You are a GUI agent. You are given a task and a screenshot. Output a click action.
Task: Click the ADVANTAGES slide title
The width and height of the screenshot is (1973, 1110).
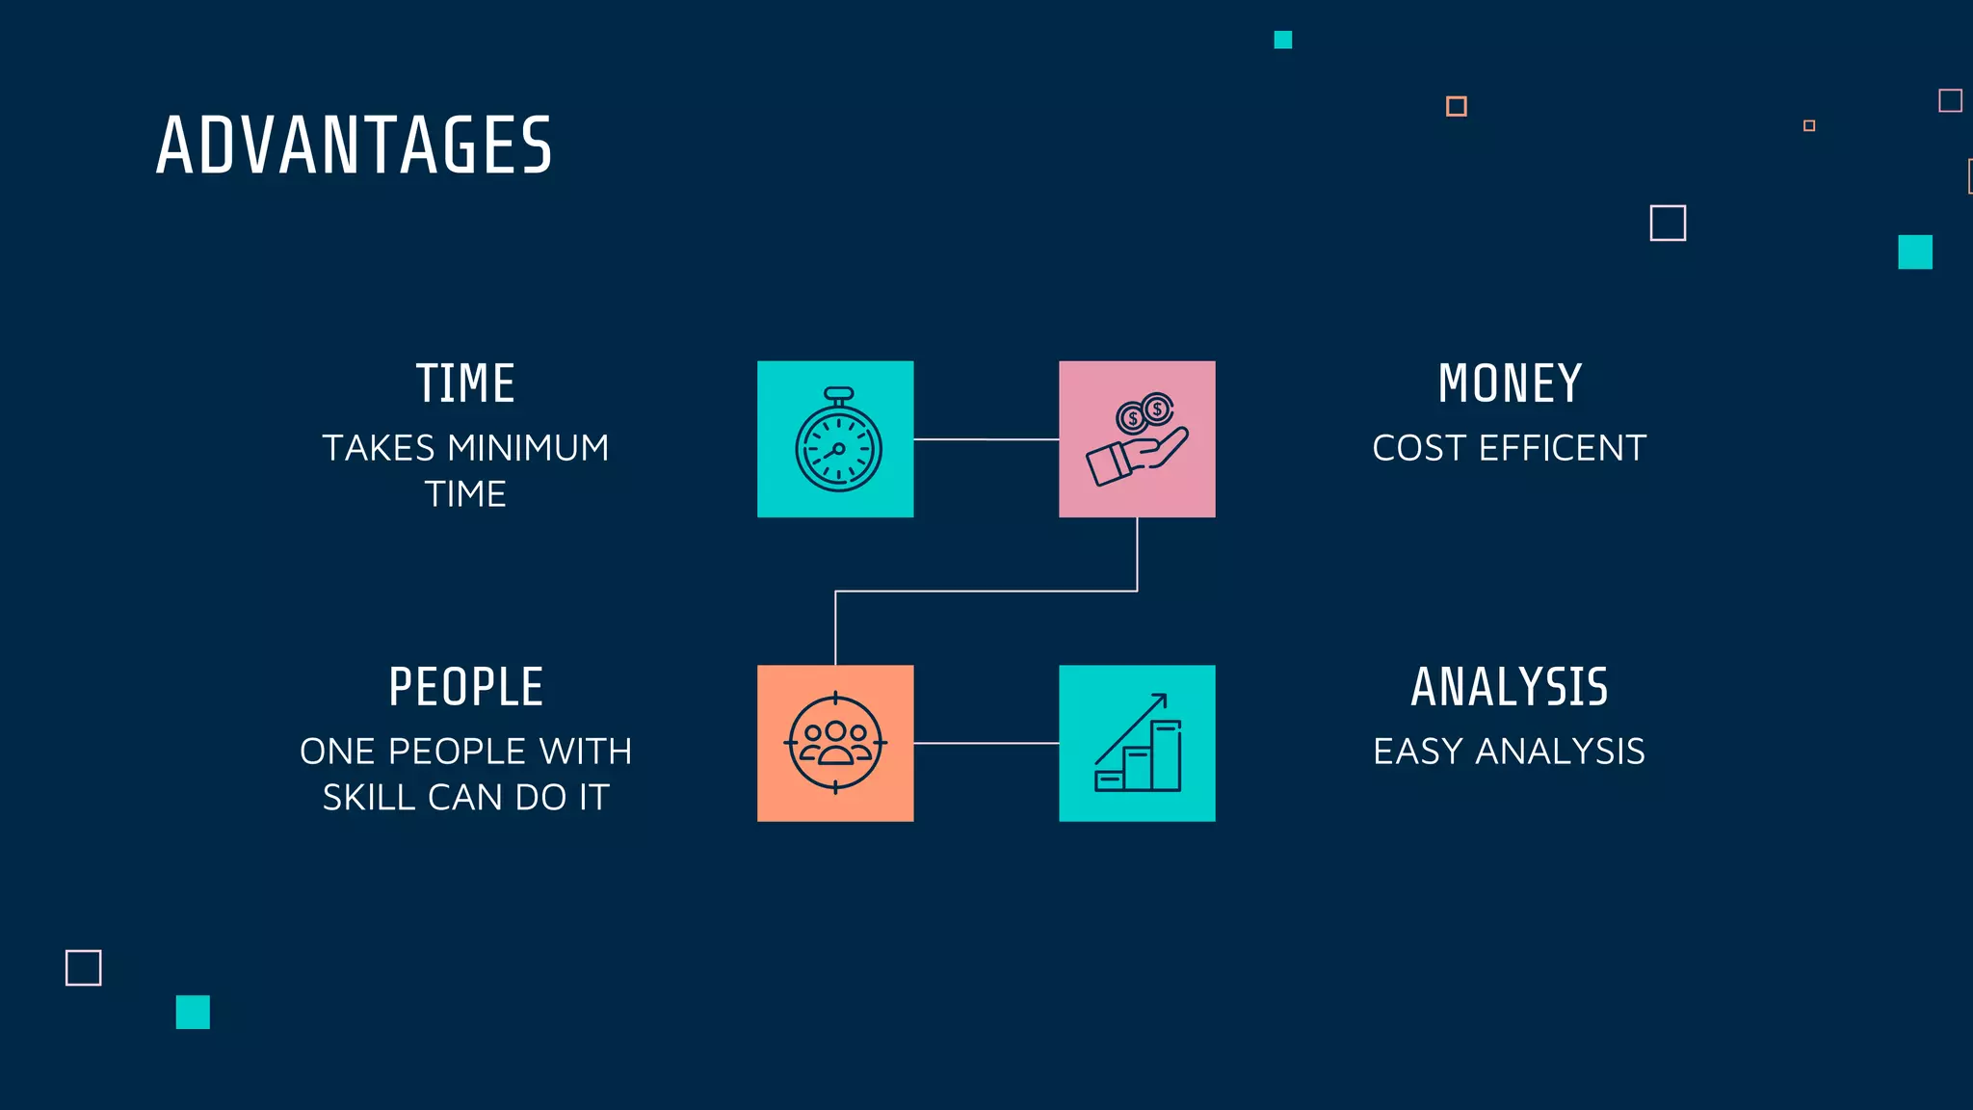pos(354,145)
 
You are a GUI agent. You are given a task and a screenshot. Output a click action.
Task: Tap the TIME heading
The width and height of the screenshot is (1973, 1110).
pos(465,383)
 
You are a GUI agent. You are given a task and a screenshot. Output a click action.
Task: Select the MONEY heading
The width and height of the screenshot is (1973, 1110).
pos(1510,383)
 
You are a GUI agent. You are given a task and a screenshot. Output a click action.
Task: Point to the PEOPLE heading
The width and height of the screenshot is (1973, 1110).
pos(465,687)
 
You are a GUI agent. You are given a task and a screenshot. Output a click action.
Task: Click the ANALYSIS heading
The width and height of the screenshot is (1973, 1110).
pos(1510,687)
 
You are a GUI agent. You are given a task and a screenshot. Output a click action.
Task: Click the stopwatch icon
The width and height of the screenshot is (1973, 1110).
pos(837,441)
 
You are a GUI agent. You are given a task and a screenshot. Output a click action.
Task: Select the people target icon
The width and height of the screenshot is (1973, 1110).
pos(835,743)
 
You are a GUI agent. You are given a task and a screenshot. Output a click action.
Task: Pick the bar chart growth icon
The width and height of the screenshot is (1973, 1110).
pos(1138,743)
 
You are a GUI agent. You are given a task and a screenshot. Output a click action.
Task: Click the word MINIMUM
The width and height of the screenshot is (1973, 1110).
pos(528,448)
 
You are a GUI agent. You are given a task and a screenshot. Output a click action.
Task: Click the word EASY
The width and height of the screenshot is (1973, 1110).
pos(1418,752)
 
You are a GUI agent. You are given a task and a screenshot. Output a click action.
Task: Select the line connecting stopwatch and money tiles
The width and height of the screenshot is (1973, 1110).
pos(986,439)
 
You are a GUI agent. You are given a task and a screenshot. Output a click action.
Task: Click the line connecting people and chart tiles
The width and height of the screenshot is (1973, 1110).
pos(986,743)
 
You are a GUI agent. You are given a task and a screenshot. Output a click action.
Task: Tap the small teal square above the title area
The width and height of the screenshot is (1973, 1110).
pos(1282,40)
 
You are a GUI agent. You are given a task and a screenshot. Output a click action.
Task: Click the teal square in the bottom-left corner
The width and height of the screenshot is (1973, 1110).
pos(193,1012)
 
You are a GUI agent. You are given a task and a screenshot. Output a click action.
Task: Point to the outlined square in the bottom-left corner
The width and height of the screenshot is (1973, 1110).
pos(83,967)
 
